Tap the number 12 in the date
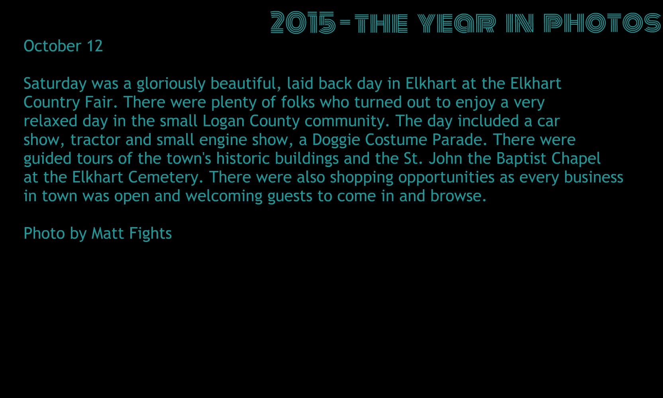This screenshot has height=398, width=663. [x=95, y=46]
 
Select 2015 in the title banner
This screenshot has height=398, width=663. [x=303, y=22]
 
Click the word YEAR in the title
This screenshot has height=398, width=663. [x=457, y=23]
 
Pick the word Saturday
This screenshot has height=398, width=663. [x=55, y=84]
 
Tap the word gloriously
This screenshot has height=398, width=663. [x=171, y=84]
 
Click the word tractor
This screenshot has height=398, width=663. [x=95, y=140]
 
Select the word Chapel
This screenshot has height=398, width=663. [x=576, y=159]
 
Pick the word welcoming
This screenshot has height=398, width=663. [x=224, y=196]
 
